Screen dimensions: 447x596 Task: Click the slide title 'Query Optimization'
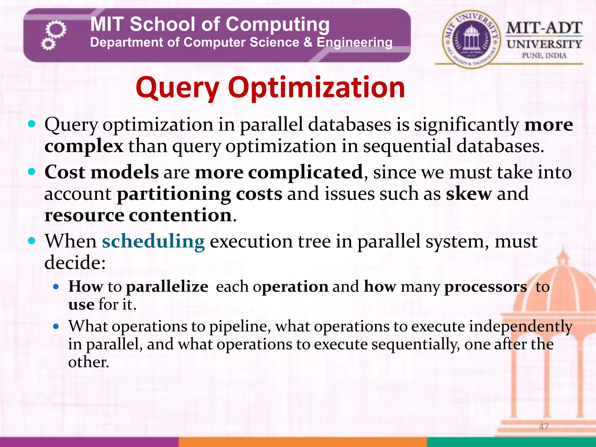tap(270, 87)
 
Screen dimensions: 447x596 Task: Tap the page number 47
tap(544, 427)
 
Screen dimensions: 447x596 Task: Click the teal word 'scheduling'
tap(153, 242)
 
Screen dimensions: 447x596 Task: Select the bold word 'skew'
tap(469, 194)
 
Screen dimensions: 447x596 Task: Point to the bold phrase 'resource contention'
tap(138, 215)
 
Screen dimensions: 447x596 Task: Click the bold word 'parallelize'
tap(167, 287)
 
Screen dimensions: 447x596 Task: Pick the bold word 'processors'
tap(485, 287)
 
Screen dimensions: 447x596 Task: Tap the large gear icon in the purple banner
tap(56, 29)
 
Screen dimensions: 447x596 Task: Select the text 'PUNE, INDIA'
tap(544, 56)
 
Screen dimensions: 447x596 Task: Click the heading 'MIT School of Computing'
tap(210, 24)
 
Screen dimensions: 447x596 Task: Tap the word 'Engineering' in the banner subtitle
tap(354, 42)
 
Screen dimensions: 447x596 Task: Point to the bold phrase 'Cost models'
tap(102, 172)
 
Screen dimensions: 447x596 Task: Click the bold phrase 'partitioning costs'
tap(199, 194)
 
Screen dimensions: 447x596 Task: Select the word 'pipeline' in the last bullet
tap(240, 326)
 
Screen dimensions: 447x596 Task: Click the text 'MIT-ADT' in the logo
tap(544, 28)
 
